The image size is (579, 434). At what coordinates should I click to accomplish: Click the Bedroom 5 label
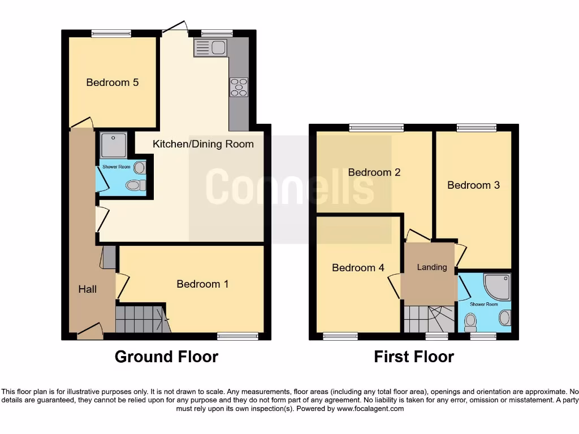click(x=112, y=83)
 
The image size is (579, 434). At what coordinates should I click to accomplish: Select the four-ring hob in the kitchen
click(x=239, y=88)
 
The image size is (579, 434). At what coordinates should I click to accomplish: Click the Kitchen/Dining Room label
click(x=203, y=144)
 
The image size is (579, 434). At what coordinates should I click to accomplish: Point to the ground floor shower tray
click(x=113, y=146)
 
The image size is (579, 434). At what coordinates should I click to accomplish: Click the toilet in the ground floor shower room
click(x=135, y=185)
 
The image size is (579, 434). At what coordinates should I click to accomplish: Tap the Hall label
click(x=87, y=289)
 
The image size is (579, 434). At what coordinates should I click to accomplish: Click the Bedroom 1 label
click(x=202, y=284)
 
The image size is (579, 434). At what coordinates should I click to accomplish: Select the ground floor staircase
click(x=140, y=319)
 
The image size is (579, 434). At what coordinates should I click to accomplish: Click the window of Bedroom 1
click(x=237, y=337)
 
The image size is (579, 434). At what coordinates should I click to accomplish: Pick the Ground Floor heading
click(x=166, y=357)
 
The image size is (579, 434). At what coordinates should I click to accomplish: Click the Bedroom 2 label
click(x=374, y=172)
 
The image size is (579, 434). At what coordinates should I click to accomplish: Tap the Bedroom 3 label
click(x=473, y=185)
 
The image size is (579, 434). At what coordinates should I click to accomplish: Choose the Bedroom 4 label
click(x=358, y=268)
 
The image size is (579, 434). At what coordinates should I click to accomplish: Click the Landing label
click(x=432, y=267)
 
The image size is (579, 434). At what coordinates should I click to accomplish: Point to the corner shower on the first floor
click(x=498, y=286)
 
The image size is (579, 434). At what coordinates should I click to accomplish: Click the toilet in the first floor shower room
click(x=470, y=322)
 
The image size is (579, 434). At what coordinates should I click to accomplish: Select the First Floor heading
click(x=414, y=357)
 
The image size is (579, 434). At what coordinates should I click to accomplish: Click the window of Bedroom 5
click(x=112, y=34)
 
